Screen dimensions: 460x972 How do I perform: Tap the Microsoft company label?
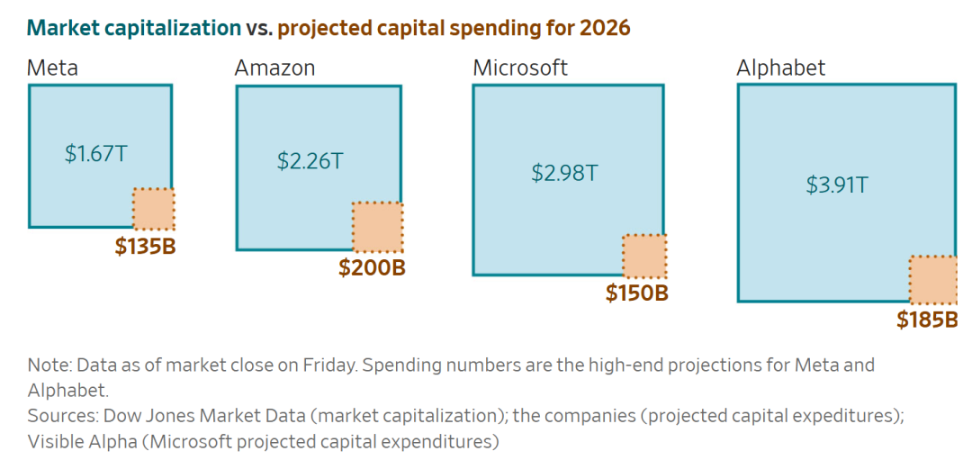click(x=520, y=68)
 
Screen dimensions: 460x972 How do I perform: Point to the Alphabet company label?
click(x=780, y=68)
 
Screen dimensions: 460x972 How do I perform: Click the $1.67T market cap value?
click(x=95, y=153)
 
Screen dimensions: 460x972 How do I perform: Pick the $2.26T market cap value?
click(x=310, y=161)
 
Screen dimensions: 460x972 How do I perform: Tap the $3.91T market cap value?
click(x=837, y=185)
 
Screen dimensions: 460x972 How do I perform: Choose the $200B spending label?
click(x=372, y=268)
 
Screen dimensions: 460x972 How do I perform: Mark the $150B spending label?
click(x=636, y=293)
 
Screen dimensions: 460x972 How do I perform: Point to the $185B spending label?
click(x=926, y=319)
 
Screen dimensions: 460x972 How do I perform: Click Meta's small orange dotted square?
click(x=153, y=209)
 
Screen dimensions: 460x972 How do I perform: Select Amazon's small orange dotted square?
click(x=377, y=227)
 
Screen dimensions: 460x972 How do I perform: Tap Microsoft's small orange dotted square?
click(x=644, y=256)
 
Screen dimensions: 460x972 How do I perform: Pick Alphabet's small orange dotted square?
click(x=932, y=279)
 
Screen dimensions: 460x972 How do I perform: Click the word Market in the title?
click(x=58, y=28)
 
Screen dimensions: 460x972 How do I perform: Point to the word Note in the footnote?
click(x=47, y=365)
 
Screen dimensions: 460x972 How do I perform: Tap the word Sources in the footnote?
click(x=59, y=416)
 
